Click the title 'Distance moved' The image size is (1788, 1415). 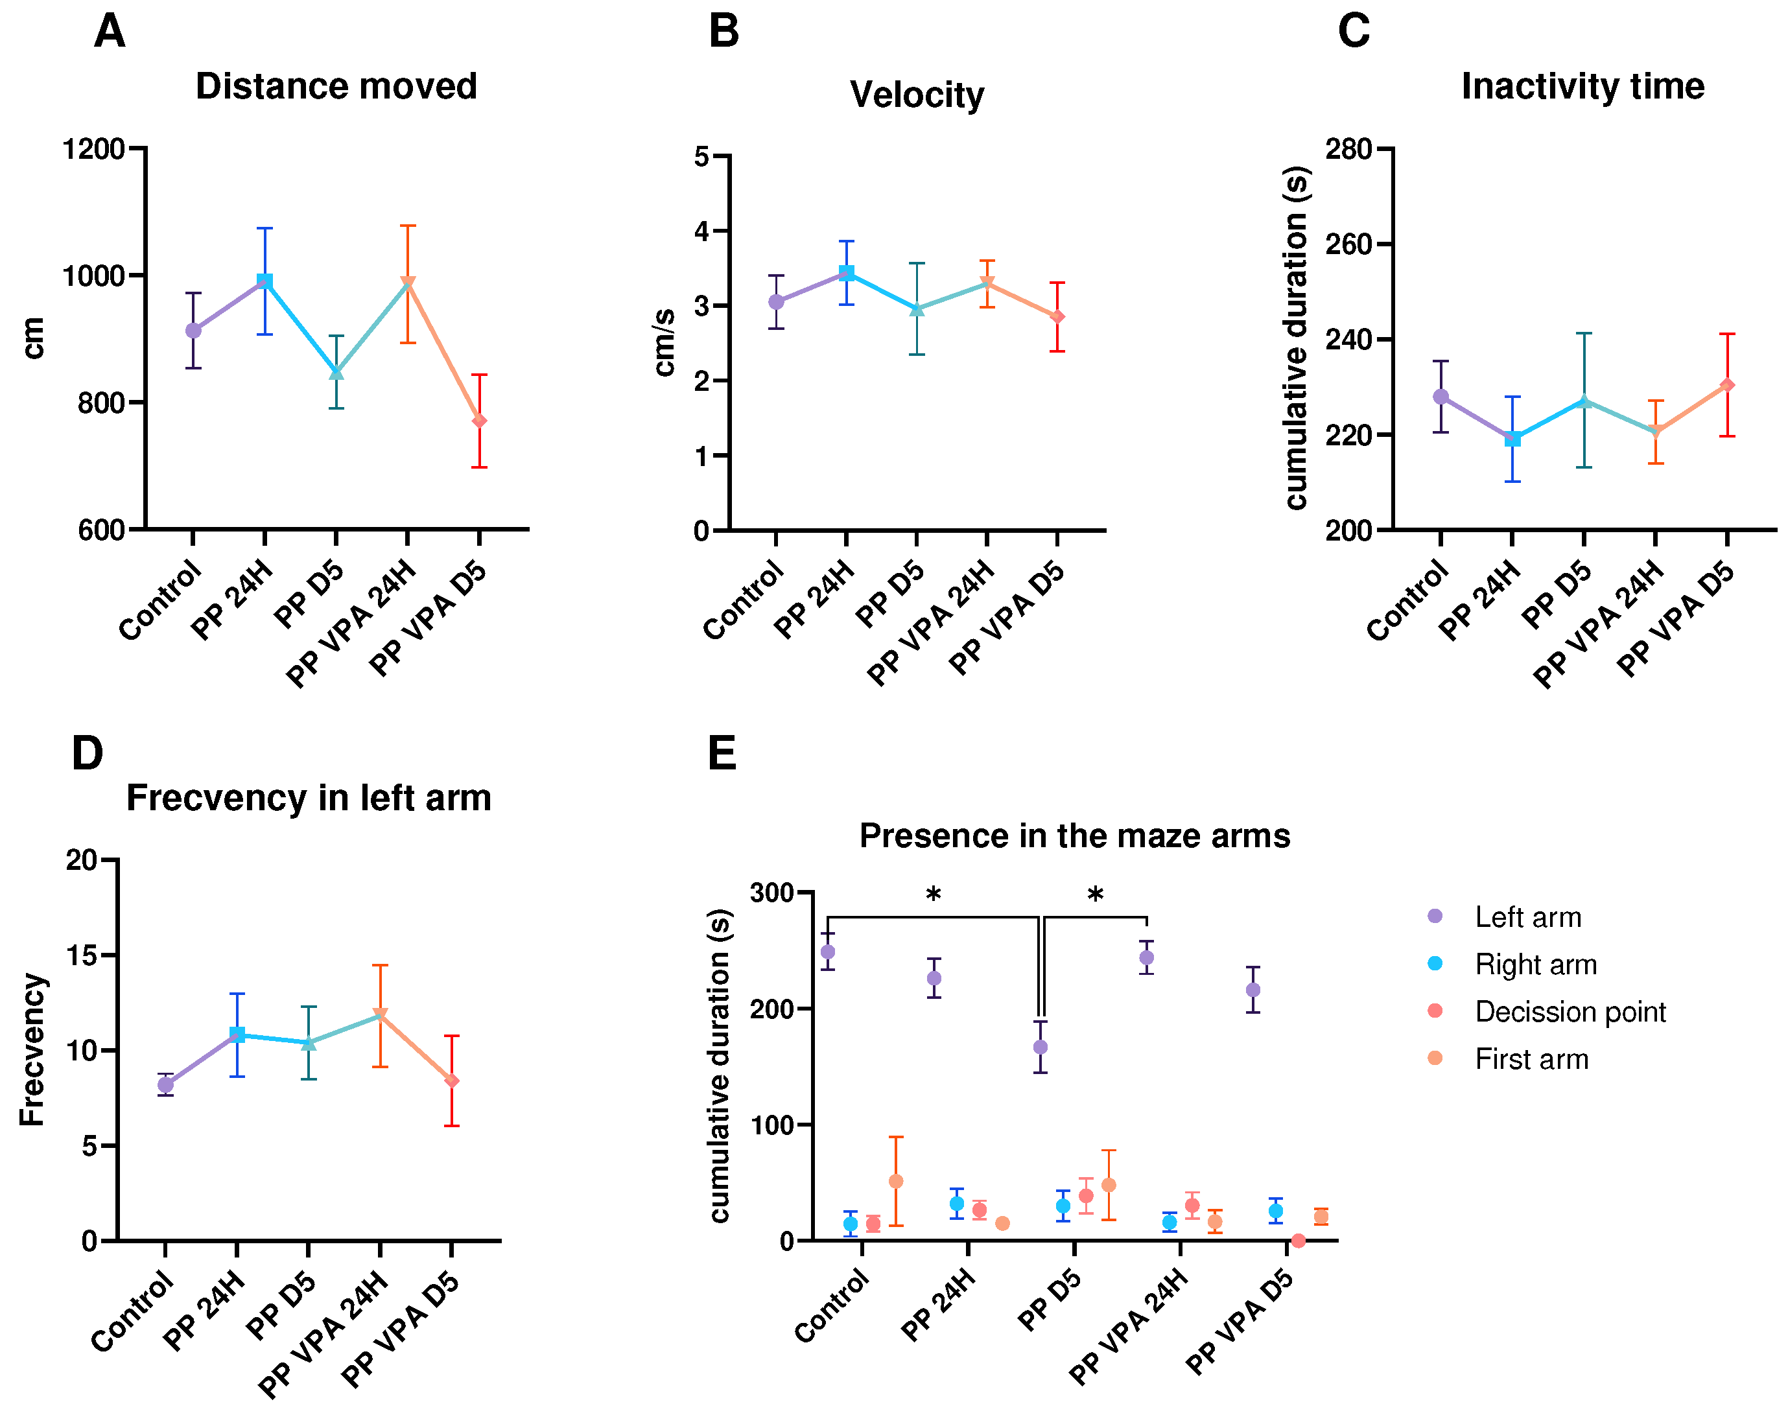tap(336, 86)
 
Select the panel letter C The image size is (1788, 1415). tap(1353, 32)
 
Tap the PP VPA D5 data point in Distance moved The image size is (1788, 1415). tap(479, 421)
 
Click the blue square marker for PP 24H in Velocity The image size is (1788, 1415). tap(846, 272)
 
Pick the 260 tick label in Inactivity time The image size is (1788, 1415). tap(1348, 244)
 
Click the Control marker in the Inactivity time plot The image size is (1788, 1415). tap(1441, 397)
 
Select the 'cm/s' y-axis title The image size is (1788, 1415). tap(665, 342)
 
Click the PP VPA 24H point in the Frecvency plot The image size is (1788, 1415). tap(379, 1014)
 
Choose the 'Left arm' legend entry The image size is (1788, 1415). tap(1527, 917)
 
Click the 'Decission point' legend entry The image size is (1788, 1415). tap(1570, 1012)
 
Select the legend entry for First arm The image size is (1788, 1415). tap(1531, 1058)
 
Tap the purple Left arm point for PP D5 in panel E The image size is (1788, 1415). tap(1040, 1047)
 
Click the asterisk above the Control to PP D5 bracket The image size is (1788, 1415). tap(933, 895)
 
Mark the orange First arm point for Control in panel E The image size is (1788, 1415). tap(896, 1182)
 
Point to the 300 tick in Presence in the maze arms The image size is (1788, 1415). tap(771, 893)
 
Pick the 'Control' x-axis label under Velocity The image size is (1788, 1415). tap(742, 600)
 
